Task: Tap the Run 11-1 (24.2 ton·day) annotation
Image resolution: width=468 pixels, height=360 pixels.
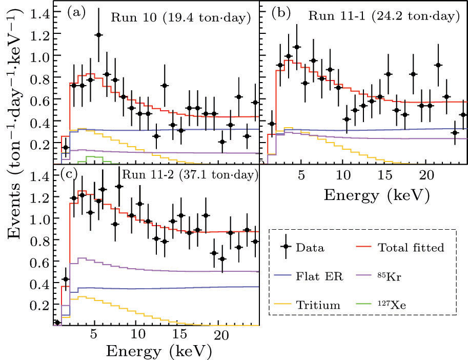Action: click(381, 16)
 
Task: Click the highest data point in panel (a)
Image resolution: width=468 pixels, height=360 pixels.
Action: click(98, 35)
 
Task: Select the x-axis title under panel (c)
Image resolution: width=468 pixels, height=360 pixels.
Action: click(157, 351)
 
